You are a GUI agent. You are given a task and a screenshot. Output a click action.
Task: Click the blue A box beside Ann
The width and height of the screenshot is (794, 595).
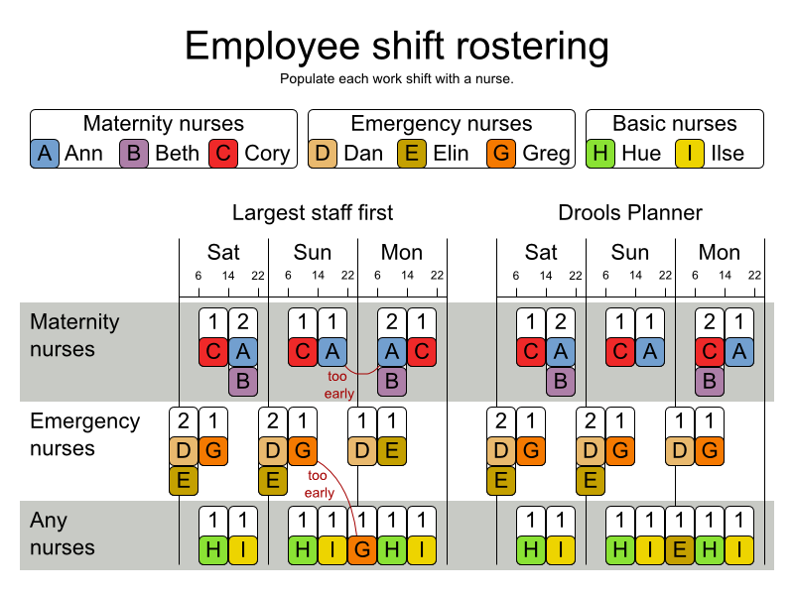click(x=45, y=153)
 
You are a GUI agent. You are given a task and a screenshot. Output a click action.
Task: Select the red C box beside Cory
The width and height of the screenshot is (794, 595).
click(x=224, y=153)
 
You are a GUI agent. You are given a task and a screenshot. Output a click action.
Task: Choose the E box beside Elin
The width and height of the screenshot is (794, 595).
click(x=413, y=153)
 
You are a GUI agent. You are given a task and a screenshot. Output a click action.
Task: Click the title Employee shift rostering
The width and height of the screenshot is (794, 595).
click(x=397, y=46)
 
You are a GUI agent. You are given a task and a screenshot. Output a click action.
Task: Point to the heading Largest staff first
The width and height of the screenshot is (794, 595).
click(x=313, y=212)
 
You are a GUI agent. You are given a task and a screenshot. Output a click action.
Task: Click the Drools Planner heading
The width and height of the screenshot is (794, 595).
click(x=630, y=212)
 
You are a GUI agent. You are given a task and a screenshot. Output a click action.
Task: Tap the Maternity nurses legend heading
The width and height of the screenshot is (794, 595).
click(x=164, y=124)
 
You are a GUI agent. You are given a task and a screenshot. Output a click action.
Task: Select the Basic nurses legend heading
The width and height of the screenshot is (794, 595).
click(x=675, y=124)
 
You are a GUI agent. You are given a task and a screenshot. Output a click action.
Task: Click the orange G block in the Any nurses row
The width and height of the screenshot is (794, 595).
click(x=363, y=548)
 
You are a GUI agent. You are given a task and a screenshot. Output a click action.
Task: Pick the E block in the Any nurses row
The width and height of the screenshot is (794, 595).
click(x=681, y=548)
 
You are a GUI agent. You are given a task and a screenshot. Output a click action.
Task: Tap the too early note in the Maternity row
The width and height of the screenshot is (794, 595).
click(x=339, y=385)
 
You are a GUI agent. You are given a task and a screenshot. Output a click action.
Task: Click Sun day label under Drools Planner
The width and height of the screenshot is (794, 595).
click(x=630, y=252)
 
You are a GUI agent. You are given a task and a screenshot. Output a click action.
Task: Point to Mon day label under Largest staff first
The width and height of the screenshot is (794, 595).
click(x=402, y=252)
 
